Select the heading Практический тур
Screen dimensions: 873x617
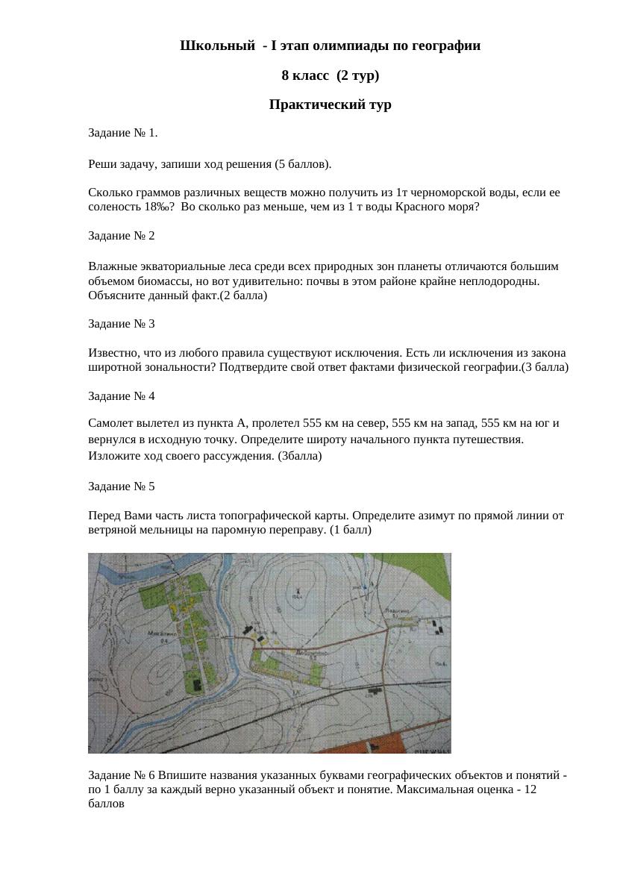(x=330, y=105)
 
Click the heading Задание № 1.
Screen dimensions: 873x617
(x=122, y=133)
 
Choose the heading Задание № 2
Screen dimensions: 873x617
(x=121, y=236)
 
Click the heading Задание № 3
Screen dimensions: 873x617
(x=121, y=324)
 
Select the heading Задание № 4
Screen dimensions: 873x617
(x=121, y=395)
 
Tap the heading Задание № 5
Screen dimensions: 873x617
(x=121, y=486)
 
